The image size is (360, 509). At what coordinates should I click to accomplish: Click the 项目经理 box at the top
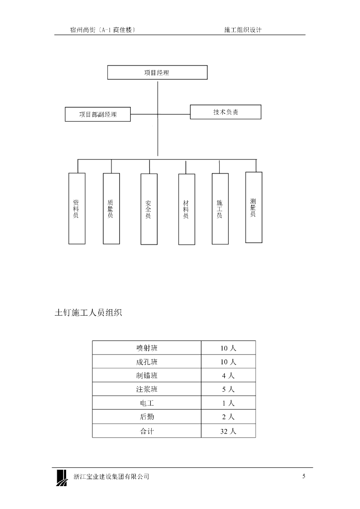(x=157, y=73)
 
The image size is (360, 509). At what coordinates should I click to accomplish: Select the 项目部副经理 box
(x=98, y=114)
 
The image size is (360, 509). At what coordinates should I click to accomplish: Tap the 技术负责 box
(x=225, y=112)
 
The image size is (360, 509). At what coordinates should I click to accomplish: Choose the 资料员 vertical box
(x=76, y=208)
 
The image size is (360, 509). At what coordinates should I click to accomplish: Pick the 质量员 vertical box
(x=111, y=208)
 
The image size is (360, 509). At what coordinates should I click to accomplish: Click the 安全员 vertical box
(x=149, y=209)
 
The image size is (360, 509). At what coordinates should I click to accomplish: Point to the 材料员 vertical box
(x=186, y=209)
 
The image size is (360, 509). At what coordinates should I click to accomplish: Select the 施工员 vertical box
(x=220, y=209)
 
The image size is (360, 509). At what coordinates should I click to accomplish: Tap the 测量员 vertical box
(x=254, y=207)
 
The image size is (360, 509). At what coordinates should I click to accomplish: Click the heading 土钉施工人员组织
(x=89, y=313)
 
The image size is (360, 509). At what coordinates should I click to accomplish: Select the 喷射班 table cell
(x=147, y=348)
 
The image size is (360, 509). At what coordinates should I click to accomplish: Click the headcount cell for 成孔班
(x=228, y=362)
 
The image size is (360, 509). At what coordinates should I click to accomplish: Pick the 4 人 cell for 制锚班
(x=228, y=376)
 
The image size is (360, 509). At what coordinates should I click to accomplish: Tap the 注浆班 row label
(x=147, y=389)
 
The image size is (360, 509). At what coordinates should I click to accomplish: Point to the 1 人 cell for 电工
(x=228, y=403)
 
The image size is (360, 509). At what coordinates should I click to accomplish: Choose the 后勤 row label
(x=147, y=417)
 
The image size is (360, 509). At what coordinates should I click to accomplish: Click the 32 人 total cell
(x=228, y=431)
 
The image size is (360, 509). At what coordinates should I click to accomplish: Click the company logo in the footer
(x=62, y=477)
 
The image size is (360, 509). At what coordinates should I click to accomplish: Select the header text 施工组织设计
(x=243, y=30)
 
